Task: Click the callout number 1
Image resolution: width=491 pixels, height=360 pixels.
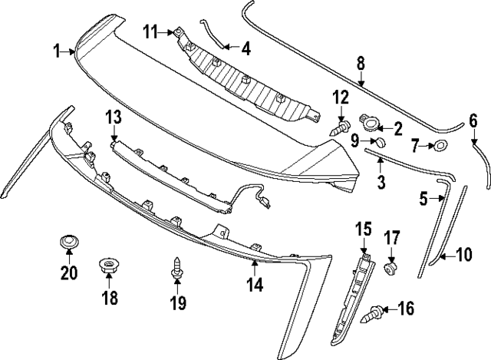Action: click(x=57, y=51)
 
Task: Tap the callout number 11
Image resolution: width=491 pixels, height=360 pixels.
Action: click(x=151, y=31)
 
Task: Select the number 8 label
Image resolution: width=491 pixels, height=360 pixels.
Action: click(x=361, y=62)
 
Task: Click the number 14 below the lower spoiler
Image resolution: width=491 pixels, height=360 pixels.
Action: click(x=255, y=285)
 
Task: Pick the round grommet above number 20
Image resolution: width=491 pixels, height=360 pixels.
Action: click(x=69, y=243)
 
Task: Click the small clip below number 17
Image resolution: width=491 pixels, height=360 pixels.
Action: click(x=391, y=269)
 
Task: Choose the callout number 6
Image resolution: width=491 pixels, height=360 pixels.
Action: click(x=473, y=120)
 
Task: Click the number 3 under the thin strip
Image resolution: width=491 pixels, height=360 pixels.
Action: click(x=381, y=183)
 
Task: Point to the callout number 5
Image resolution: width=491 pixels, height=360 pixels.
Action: click(x=423, y=199)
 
